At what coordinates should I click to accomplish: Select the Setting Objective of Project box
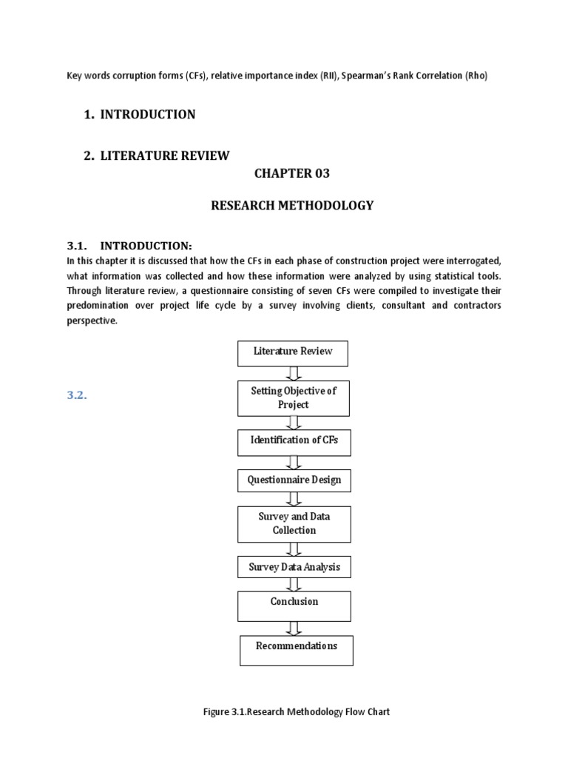coord(293,398)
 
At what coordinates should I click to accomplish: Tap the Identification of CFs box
coord(293,442)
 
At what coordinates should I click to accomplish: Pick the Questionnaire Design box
coord(294,480)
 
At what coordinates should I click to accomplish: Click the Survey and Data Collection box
coord(294,524)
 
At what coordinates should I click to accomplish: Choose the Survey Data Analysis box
coord(294,568)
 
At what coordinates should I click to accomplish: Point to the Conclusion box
coord(294,605)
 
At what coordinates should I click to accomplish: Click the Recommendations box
coord(296,649)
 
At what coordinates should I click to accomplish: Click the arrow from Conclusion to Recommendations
coord(294,628)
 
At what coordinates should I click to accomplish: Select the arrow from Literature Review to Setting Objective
coord(294,373)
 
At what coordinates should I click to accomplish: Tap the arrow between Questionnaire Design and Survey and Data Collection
coord(294,499)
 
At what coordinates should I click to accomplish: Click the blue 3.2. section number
coord(78,395)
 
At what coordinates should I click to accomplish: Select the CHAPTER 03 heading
coord(292,174)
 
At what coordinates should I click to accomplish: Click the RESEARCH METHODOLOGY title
coord(292,206)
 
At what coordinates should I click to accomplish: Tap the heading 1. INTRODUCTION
coord(140,114)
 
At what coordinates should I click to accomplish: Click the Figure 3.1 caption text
coord(296,711)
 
